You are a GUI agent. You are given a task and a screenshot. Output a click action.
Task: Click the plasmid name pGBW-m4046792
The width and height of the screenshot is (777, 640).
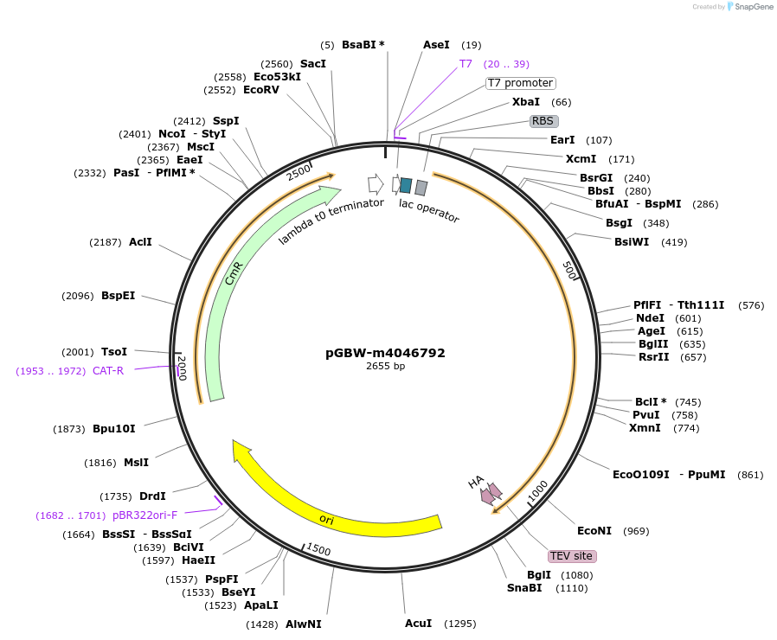pos(385,353)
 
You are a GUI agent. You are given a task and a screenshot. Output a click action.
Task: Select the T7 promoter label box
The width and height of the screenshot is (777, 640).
pos(520,83)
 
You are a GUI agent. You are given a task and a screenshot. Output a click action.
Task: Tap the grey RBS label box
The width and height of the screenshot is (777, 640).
pos(543,121)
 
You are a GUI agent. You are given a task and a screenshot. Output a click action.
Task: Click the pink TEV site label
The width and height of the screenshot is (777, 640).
pos(572,556)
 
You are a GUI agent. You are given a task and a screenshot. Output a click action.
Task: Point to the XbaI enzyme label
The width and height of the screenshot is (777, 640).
pos(526,101)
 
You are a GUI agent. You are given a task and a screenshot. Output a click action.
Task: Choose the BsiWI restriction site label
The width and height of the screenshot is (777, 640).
pos(632,242)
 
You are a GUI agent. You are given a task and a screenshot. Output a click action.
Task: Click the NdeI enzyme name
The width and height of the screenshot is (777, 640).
pos(650,318)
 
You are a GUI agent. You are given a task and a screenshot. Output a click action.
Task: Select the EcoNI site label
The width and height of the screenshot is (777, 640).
pos(594,530)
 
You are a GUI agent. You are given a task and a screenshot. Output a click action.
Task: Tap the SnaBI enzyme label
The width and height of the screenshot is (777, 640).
pos(524,587)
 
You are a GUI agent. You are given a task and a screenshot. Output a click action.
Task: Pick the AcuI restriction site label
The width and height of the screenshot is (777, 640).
pos(418,624)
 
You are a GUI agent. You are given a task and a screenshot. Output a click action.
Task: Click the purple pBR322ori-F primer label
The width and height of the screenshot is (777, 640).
pos(144,515)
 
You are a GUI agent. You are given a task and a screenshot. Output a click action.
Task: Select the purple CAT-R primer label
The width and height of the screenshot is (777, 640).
pos(108,370)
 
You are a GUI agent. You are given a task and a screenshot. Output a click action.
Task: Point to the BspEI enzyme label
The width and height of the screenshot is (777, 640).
pos(118,295)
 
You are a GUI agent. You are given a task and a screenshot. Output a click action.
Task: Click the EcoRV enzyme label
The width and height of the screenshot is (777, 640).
pos(261,90)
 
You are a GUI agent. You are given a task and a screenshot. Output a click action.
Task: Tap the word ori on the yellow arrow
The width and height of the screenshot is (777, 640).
pos(326,519)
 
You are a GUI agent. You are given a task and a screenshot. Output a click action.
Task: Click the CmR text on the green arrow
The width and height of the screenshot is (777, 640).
pos(234,273)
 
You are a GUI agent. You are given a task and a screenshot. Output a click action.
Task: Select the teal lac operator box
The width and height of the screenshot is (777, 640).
pos(406,185)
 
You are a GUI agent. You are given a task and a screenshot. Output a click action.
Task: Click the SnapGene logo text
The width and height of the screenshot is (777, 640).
pos(754,6)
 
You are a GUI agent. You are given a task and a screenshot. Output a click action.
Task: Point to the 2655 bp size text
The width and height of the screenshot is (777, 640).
pos(386,366)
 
